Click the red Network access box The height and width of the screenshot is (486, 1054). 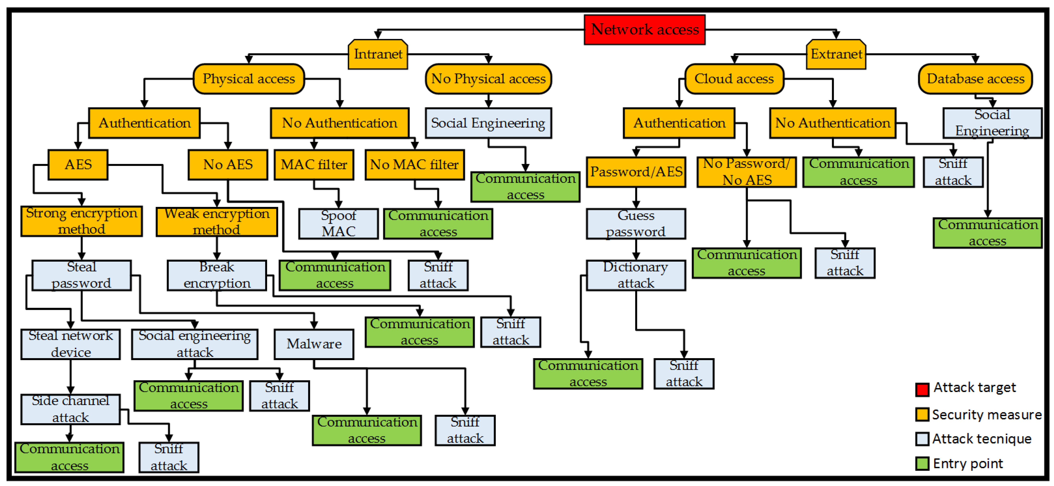coord(644,29)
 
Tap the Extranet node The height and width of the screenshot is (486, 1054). coord(836,54)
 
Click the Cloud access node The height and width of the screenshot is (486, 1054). coord(734,78)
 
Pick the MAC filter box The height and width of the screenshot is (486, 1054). coord(314,164)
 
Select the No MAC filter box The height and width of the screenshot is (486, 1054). coord(415,164)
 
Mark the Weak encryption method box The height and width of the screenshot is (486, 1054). coord(217,222)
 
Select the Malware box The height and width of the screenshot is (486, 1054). coord(314,344)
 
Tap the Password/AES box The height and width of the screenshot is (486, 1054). coord(636,172)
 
